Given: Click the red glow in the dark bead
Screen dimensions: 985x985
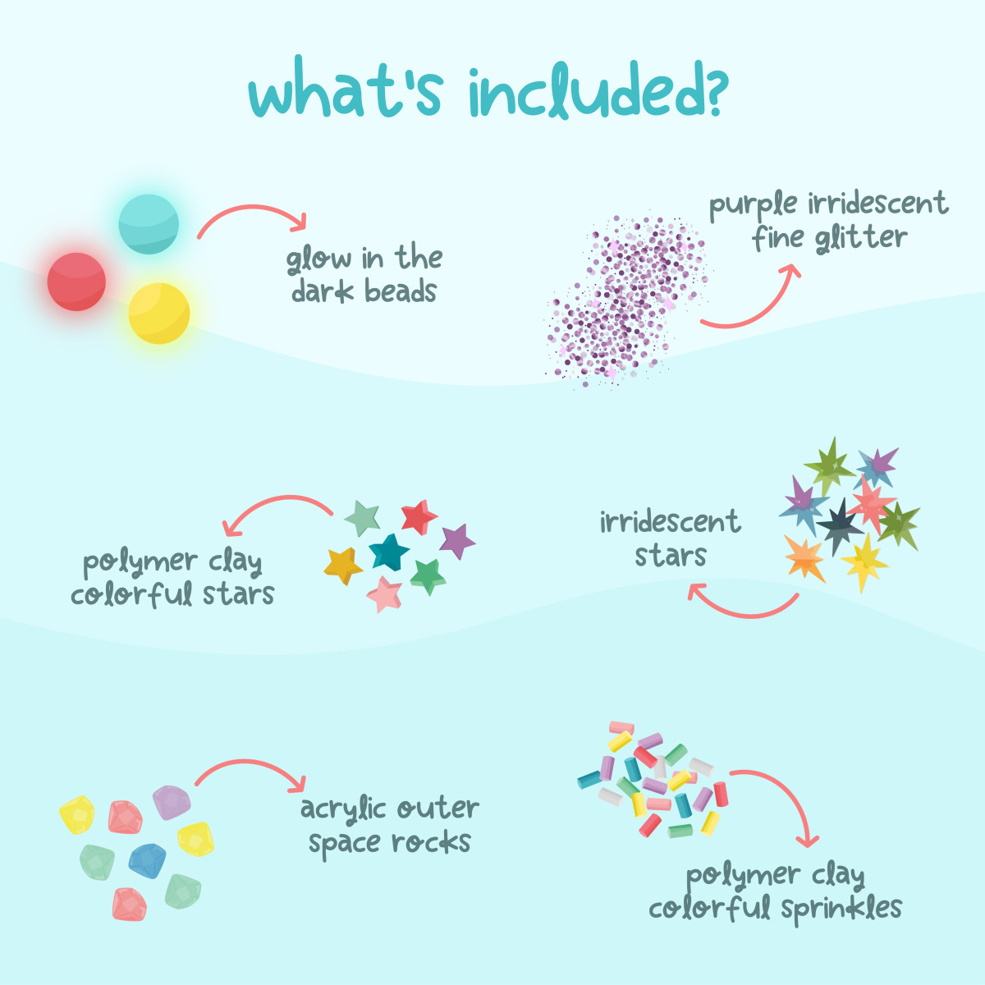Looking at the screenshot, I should pyautogui.click(x=76, y=282).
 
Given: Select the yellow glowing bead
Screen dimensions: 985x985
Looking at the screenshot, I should pyautogui.click(x=159, y=314).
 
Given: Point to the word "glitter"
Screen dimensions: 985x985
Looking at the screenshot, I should pyautogui.click(x=860, y=238).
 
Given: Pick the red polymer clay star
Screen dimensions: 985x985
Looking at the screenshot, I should pyautogui.click(x=419, y=517).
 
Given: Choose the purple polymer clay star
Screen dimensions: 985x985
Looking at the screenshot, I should pyautogui.click(x=456, y=542).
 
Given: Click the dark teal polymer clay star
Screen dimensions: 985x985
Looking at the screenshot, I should pyautogui.click(x=389, y=552).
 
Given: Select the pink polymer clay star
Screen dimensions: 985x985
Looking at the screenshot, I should pyautogui.click(x=384, y=593).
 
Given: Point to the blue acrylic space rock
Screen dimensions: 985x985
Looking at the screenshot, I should pyautogui.click(x=148, y=860).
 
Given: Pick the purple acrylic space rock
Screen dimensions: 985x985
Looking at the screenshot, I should pyautogui.click(x=172, y=802).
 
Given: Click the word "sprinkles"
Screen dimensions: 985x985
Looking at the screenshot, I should pyautogui.click(x=841, y=909).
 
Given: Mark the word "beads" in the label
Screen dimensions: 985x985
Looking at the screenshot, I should pyautogui.click(x=400, y=291).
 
